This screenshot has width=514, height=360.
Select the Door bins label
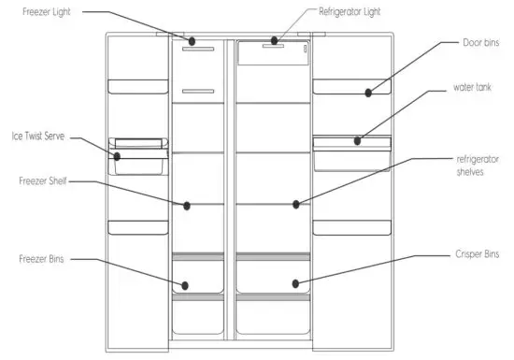481,43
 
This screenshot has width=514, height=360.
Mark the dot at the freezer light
191,41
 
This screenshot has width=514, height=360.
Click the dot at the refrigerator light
275,40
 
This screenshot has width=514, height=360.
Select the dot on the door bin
370,93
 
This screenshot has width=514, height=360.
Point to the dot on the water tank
357,141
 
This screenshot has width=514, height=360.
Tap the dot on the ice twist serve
118,156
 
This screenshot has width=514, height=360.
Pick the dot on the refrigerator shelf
296,203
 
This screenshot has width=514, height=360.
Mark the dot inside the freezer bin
185,283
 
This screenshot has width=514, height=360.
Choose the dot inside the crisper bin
296,281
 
